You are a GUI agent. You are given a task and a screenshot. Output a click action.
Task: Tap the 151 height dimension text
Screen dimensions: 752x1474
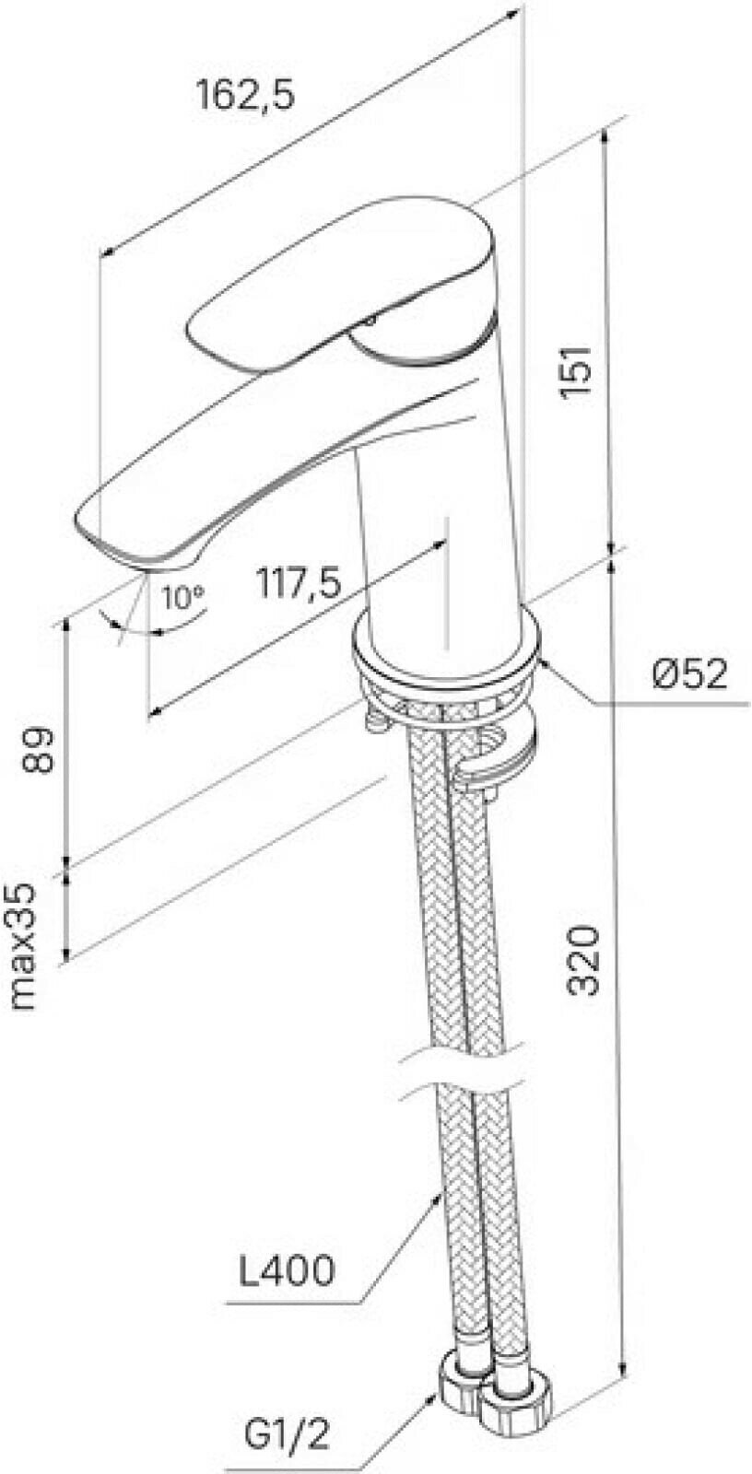point(574,372)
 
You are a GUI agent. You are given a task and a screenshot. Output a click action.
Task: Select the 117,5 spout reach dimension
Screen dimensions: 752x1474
point(299,582)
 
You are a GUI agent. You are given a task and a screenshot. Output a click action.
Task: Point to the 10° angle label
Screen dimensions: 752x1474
point(182,597)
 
